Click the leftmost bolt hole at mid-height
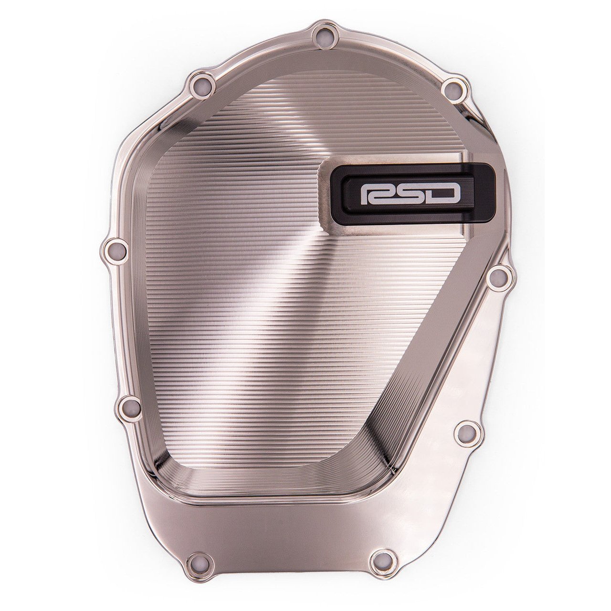pyautogui.click(x=115, y=248)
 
